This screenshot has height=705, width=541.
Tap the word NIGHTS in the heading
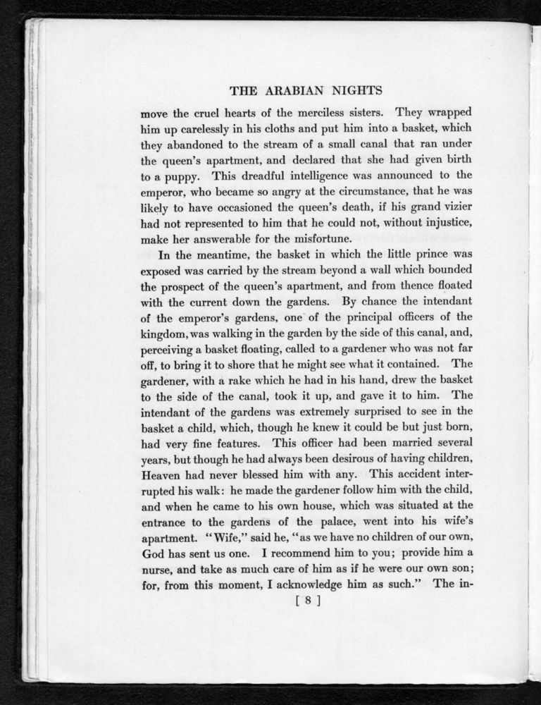tap(353, 91)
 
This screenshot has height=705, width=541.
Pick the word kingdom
tap(168, 333)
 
